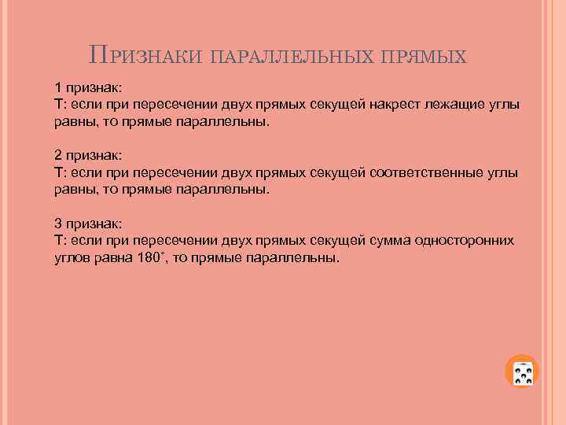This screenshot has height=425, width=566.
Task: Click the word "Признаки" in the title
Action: pos(146,57)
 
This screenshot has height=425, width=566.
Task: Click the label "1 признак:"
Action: pos(87,87)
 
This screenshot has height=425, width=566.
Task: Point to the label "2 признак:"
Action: pos(87,155)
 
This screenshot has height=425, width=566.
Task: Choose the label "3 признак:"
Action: pos(87,223)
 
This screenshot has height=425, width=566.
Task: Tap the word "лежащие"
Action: pos(447,105)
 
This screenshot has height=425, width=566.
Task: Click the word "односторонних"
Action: pos(465,240)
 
